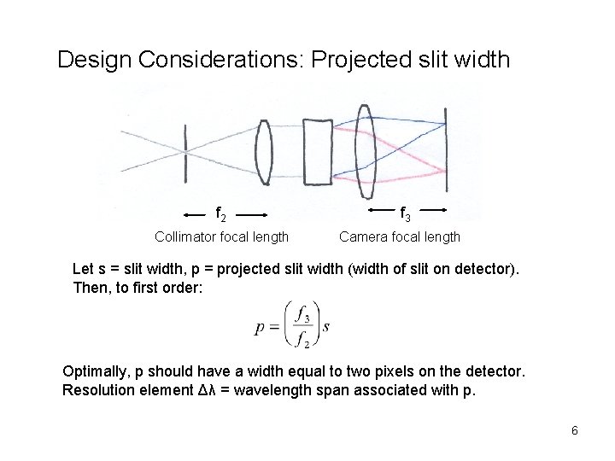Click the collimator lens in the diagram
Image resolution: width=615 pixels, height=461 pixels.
point(265,150)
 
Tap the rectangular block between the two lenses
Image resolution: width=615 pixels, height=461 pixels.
point(317,152)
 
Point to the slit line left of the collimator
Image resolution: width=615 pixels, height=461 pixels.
point(186,151)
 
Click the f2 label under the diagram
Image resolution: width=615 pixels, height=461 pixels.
point(220,211)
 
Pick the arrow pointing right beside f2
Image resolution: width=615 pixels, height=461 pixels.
point(252,211)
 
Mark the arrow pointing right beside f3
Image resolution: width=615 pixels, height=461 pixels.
point(432,208)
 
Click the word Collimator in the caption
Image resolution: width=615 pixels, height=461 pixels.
point(185,236)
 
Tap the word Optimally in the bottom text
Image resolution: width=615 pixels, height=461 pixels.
point(96,372)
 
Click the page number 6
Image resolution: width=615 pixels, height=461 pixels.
point(575,430)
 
